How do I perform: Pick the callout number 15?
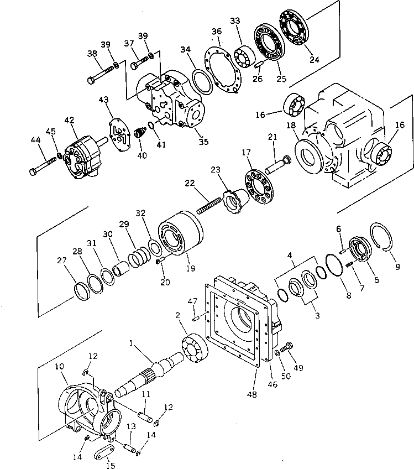111,466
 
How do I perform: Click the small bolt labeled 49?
287,347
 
